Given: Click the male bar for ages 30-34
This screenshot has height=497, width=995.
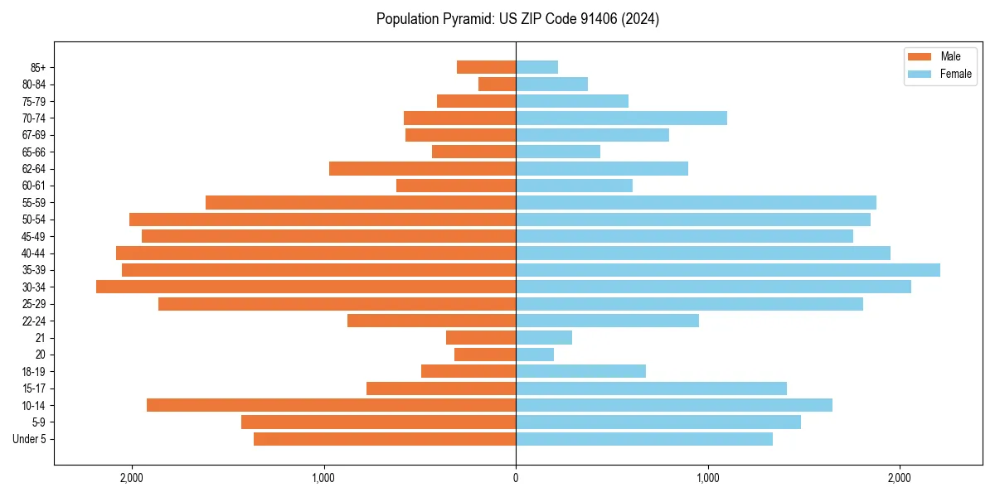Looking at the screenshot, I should click(306, 287).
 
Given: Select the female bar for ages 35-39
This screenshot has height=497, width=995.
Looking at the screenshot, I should click(728, 270).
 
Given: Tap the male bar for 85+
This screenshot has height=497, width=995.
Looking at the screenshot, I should click(486, 67).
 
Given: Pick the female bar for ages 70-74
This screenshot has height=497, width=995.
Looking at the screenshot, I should click(621, 118).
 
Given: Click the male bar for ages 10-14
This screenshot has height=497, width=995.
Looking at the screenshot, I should click(331, 405).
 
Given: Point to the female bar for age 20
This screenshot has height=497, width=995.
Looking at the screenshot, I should click(535, 355).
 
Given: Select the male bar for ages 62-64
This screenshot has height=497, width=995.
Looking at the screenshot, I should click(422, 168).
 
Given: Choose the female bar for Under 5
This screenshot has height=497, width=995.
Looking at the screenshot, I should click(644, 439).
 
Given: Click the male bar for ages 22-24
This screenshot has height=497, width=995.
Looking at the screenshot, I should click(431, 321).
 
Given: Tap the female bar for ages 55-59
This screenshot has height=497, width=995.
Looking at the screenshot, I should click(696, 202).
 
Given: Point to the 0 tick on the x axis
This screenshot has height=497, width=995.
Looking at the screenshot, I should click(516, 478).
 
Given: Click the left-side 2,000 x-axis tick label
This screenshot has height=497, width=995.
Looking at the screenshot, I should click(131, 478).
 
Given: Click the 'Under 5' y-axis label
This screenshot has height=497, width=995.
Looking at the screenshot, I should click(29, 439).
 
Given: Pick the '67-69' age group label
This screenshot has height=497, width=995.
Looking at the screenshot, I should click(33, 135).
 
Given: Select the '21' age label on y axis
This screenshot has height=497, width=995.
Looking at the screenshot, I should click(41, 338).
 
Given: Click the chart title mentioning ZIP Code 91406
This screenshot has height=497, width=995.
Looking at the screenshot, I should click(517, 19).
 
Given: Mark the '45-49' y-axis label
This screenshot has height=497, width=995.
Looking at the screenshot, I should click(33, 236).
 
